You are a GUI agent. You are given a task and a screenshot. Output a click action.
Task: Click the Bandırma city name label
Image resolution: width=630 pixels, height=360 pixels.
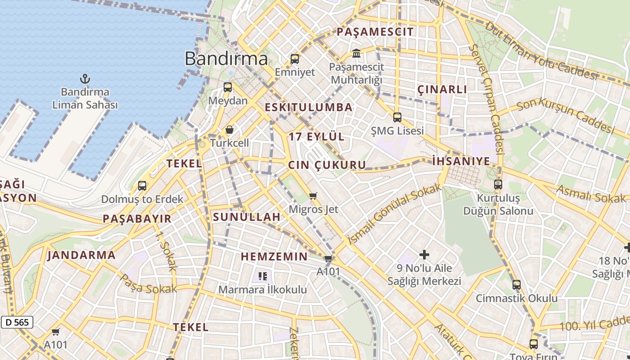226,58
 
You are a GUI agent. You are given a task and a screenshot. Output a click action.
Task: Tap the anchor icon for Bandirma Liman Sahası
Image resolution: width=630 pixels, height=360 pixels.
85,79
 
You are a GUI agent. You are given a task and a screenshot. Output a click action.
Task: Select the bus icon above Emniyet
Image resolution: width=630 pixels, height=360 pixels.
295,59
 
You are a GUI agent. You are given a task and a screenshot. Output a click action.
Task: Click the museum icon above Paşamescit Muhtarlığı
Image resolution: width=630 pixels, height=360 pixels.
356,54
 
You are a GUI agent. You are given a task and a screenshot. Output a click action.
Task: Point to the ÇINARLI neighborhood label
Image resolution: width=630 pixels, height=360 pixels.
442,90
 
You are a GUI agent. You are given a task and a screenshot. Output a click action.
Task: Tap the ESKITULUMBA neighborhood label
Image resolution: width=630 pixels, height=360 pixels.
309,108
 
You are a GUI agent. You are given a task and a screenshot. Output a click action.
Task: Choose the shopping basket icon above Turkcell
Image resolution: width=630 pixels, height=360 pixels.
229,130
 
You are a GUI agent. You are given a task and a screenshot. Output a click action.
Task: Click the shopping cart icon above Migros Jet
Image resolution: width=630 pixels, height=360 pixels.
313,196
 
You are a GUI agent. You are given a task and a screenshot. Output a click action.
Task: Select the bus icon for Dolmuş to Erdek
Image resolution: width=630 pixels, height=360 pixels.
142,185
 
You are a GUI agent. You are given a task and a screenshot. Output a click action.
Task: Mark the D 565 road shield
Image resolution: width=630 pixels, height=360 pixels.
17,322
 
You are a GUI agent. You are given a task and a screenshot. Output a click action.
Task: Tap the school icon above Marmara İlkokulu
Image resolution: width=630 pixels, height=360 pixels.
263,276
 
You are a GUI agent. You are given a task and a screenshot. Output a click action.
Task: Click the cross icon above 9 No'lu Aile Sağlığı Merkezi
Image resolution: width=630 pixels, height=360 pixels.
424,255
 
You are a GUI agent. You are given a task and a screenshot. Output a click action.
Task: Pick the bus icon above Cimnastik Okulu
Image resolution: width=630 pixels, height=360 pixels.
517,284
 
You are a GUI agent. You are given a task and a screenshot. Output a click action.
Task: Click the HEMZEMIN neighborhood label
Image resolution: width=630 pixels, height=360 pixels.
274,257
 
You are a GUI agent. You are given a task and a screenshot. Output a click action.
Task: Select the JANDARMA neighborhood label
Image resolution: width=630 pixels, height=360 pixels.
81,255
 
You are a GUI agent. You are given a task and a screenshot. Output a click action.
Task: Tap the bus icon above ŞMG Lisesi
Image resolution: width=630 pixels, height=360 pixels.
397,117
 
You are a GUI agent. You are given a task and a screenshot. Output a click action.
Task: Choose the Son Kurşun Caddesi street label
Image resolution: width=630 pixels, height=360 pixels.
565,116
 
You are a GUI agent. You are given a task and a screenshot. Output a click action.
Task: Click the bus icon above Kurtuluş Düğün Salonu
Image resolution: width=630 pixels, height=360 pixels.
498,184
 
